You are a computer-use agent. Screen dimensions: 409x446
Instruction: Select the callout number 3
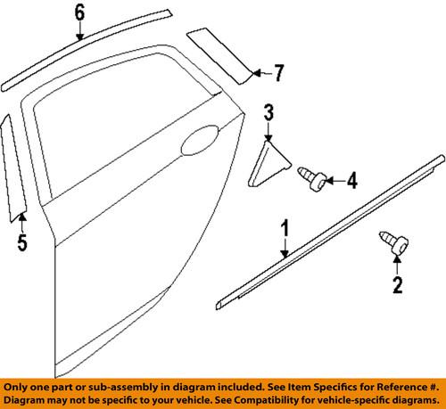(268, 111)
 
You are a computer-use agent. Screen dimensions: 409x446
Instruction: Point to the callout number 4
(351, 182)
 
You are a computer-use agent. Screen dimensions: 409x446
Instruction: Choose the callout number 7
(278, 71)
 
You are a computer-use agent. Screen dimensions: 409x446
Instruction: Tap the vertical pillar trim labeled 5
(14, 165)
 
